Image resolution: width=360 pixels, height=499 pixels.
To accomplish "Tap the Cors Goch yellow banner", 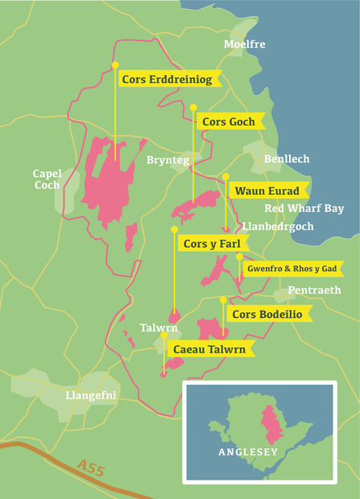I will click(x=229, y=122).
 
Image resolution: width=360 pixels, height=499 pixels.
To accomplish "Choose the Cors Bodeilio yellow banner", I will click(x=267, y=314).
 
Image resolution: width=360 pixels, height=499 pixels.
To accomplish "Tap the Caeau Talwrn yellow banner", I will click(x=209, y=348).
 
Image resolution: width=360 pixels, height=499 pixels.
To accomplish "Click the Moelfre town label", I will click(x=244, y=44).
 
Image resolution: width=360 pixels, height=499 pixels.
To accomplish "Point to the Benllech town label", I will click(x=287, y=159).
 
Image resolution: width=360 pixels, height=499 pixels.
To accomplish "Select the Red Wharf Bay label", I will click(x=304, y=208).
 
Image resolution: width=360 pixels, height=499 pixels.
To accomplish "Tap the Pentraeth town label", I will click(x=314, y=290).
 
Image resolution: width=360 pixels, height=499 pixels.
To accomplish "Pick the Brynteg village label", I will click(x=168, y=161).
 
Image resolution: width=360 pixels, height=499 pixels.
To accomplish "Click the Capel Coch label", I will click(x=47, y=179).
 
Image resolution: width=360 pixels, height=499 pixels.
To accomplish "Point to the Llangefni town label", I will click(x=90, y=395).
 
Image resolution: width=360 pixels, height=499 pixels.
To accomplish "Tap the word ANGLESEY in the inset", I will click(x=248, y=452).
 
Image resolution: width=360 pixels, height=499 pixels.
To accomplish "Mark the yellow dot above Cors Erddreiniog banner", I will click(x=115, y=64).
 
